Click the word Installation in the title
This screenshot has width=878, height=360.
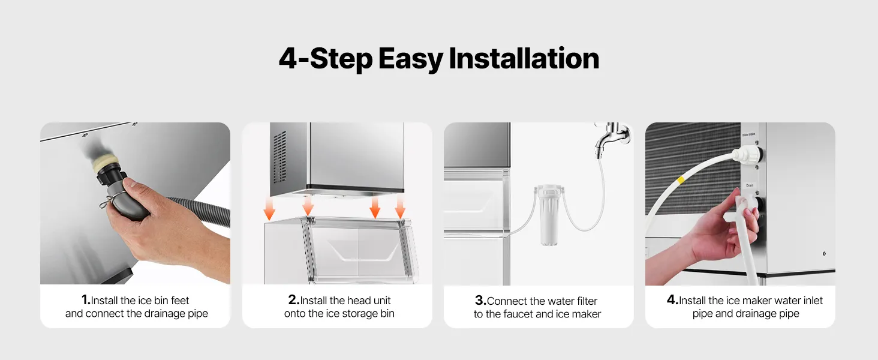[x=524, y=58]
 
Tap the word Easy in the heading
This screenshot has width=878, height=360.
[x=410, y=59]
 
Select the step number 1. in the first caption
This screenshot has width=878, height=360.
[x=86, y=300]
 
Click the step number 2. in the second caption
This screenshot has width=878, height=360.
[x=294, y=300]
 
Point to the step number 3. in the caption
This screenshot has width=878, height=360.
[x=480, y=301]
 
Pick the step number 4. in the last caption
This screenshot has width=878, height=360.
[x=673, y=300]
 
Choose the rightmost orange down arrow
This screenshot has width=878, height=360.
[x=400, y=206]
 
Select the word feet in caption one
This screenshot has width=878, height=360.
[x=180, y=301]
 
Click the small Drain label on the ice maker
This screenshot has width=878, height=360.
[x=750, y=185]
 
